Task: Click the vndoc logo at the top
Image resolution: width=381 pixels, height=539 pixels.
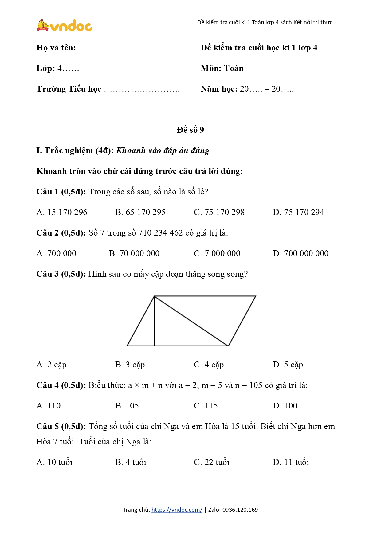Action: (x=65, y=25)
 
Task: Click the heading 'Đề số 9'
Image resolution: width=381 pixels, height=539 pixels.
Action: (x=190, y=130)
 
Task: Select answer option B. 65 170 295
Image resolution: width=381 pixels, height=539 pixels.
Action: (x=140, y=212)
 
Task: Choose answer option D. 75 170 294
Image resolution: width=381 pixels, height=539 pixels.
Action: (x=298, y=212)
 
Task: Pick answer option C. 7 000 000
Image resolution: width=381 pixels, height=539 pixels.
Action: (x=217, y=253)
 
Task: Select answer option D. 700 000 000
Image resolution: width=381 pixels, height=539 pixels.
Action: (x=300, y=253)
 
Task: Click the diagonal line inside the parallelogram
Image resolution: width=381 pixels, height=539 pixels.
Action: (x=191, y=321)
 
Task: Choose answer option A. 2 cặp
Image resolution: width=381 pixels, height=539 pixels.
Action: (x=51, y=365)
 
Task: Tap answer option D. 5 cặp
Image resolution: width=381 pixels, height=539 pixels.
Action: (x=288, y=365)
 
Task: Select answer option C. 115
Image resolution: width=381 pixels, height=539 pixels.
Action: (x=206, y=406)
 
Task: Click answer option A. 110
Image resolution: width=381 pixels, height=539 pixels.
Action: (x=49, y=406)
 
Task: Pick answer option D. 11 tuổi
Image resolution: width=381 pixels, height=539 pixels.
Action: (x=291, y=462)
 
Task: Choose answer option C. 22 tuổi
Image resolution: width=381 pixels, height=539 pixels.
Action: (x=211, y=462)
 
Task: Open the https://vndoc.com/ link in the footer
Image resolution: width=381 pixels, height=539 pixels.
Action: (x=177, y=510)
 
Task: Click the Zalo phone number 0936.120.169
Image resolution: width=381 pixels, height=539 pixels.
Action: (x=240, y=510)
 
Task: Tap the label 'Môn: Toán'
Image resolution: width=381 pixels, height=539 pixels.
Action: (x=222, y=68)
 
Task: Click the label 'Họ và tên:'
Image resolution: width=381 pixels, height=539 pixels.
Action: (x=56, y=48)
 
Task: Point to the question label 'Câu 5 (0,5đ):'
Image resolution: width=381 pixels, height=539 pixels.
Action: (x=61, y=426)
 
